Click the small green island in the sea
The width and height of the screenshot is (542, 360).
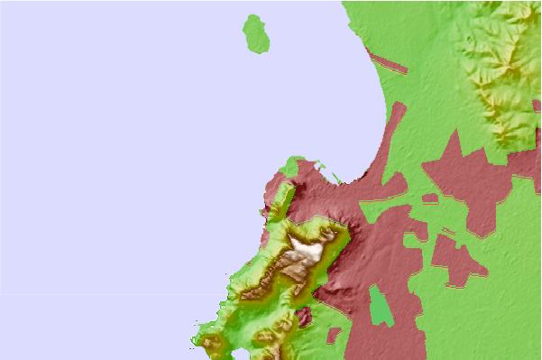[257, 34]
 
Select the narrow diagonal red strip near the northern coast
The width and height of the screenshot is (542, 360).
[389, 64]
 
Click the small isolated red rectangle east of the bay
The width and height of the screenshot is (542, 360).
[430, 198]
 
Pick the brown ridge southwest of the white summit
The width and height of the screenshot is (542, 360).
[289, 266]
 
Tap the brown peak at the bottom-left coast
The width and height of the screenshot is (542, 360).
[212, 344]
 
